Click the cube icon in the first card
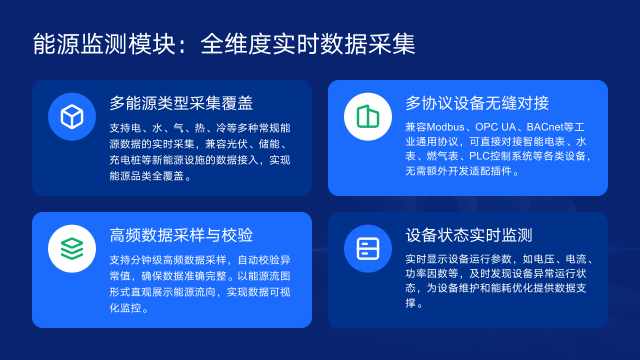(72, 117)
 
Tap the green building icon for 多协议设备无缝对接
(368, 117)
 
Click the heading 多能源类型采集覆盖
(181, 103)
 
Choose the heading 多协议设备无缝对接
(477, 103)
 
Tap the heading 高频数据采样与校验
(181, 234)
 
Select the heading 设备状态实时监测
(469, 234)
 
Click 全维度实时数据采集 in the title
(308, 45)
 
